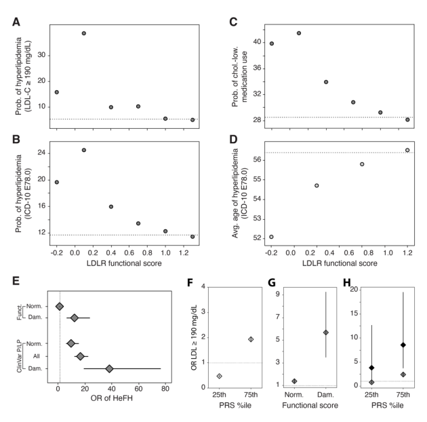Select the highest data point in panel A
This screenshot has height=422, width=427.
pyautogui.click(x=84, y=33)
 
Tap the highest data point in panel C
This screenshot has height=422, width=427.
pyautogui.click(x=299, y=33)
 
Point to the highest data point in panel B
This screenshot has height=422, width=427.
pyautogui.click(x=84, y=150)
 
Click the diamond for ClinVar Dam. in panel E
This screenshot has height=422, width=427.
pyautogui.click(x=109, y=369)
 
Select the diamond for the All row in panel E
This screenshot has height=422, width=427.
pyautogui.click(x=80, y=356)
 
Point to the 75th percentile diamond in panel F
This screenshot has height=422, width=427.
pyautogui.click(x=250, y=339)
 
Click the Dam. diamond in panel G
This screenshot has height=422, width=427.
pyautogui.click(x=326, y=332)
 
